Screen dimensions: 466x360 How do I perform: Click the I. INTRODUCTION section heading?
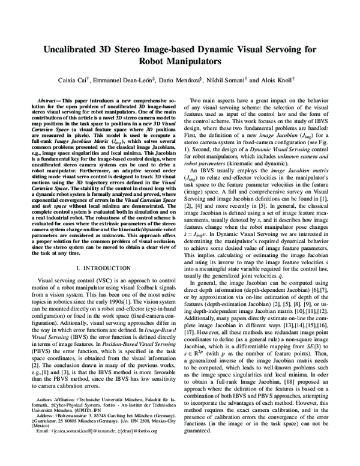click(105, 265)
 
